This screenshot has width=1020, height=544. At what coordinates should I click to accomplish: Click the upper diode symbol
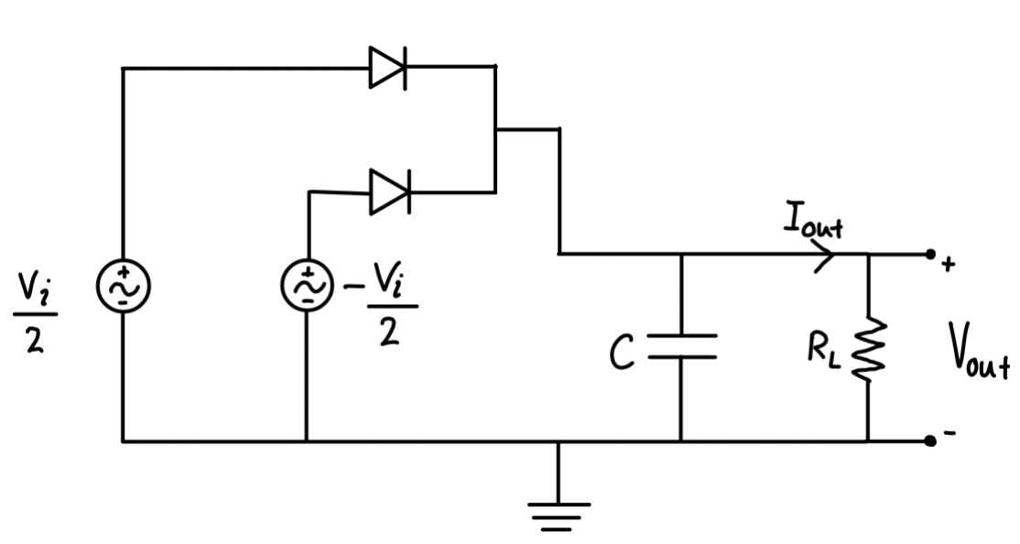[387, 67]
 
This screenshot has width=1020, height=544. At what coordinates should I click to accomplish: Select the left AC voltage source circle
[124, 287]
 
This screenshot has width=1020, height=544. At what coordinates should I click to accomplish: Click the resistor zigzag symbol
[867, 348]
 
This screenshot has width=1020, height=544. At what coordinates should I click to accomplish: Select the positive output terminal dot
[930, 255]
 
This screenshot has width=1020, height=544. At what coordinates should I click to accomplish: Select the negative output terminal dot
[930, 441]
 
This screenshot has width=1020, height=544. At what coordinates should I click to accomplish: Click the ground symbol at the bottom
[559, 513]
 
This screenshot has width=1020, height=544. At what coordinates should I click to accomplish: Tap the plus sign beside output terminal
[949, 266]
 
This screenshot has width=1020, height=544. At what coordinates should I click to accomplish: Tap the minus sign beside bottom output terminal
[949, 434]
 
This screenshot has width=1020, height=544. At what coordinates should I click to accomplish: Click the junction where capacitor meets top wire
[681, 255]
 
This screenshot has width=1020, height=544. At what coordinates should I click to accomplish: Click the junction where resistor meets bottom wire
[867, 441]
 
